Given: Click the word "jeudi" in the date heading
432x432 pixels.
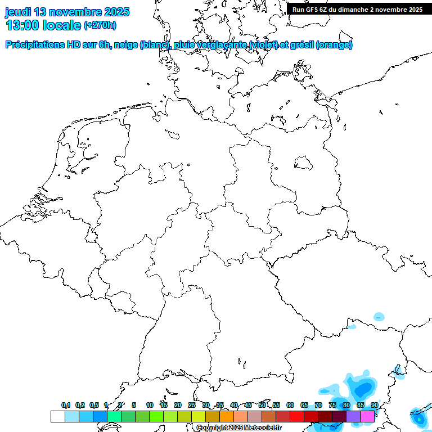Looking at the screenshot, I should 18,12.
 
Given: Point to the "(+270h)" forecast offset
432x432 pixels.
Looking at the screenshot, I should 100,25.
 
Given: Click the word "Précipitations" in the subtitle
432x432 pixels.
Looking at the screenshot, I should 34,45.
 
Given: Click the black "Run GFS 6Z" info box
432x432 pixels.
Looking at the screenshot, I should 358,9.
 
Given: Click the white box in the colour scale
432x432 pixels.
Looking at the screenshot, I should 57,416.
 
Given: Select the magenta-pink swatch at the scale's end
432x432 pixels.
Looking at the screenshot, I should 367,416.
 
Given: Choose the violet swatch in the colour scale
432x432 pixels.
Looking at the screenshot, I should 353,416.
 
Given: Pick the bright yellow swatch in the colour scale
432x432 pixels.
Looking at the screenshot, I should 198,416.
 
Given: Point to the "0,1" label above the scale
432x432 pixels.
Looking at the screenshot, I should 66,406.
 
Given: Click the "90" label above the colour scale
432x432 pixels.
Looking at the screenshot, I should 374,406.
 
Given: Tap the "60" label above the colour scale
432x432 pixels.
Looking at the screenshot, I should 290,406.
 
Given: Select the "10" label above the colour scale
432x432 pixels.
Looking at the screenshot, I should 149,406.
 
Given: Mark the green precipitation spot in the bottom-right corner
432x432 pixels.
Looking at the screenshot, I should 419,419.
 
